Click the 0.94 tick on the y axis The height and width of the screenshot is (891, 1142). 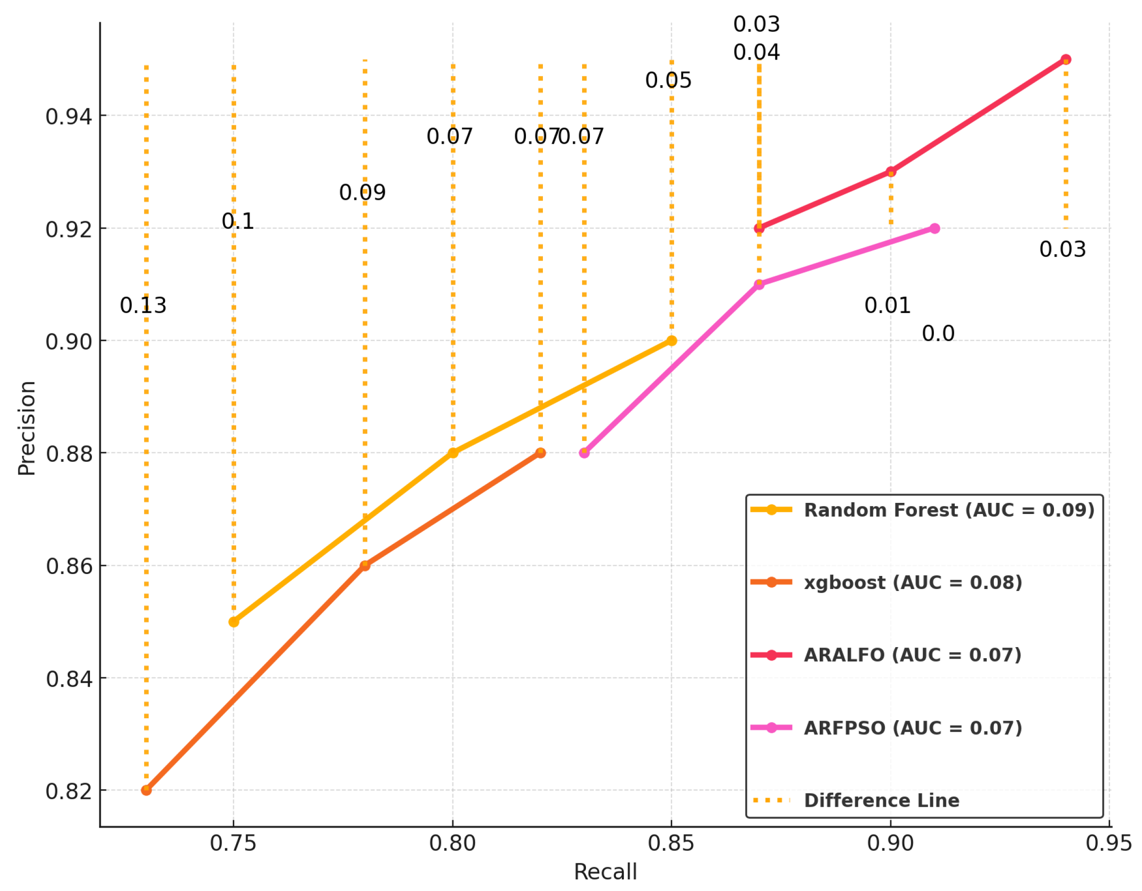(69, 116)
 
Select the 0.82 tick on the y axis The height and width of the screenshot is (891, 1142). (69, 791)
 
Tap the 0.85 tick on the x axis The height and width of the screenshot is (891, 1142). (671, 843)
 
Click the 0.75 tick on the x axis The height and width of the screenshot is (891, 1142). (233, 843)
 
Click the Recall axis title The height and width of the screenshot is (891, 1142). (605, 872)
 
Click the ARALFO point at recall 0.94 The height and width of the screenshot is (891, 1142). (1066, 60)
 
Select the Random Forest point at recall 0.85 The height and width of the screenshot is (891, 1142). (671, 341)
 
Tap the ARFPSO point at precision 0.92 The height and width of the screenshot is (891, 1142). (934, 228)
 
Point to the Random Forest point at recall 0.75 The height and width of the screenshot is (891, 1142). (234, 622)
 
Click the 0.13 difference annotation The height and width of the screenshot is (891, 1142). (143, 305)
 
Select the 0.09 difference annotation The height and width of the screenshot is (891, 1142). (362, 193)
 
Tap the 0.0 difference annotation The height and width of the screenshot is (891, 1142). (938, 333)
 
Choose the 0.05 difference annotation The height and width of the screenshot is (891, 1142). (668, 80)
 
